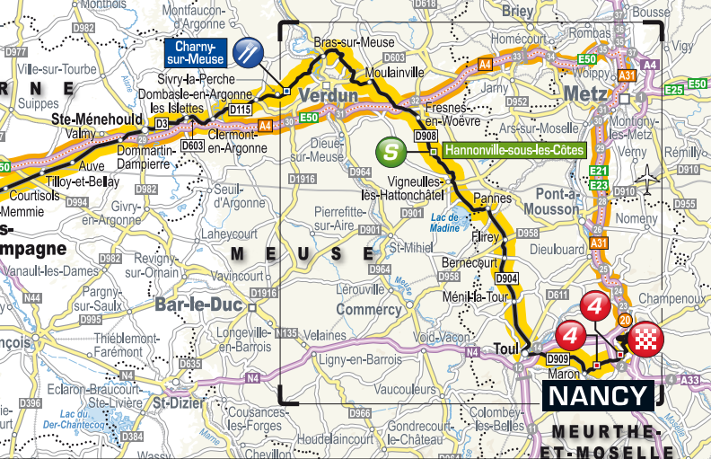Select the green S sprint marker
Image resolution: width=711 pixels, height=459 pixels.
point(390,150)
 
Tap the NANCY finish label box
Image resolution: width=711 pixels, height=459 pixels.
point(597,395)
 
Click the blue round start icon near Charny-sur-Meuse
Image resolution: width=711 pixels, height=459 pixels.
point(248,52)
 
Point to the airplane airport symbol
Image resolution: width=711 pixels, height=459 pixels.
point(645,180)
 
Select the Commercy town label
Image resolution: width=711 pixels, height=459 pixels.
point(368,310)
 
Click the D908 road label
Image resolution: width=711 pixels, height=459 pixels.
point(426,136)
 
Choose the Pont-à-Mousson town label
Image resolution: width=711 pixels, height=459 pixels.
point(557,201)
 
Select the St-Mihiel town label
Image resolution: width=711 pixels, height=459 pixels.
point(409,247)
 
